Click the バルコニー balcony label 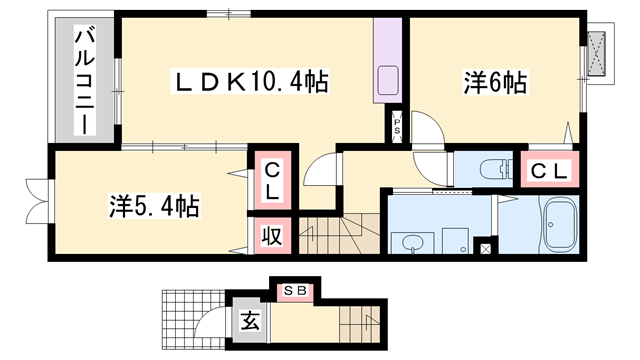[x=84, y=83]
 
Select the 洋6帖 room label [x=495, y=82]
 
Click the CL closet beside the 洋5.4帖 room [x=271, y=181]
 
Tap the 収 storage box [x=271, y=236]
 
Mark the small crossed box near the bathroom [x=486, y=247]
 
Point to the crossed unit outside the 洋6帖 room [x=598, y=51]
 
